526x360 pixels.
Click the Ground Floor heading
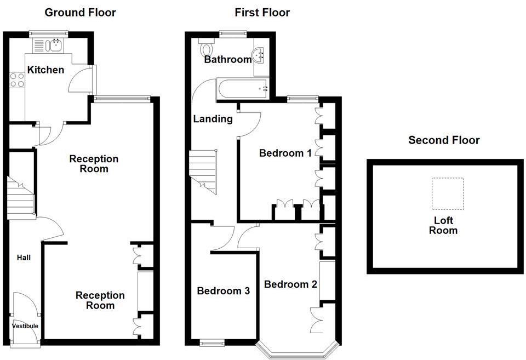[80, 12]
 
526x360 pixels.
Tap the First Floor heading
[262, 12]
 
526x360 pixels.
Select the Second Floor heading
[444, 140]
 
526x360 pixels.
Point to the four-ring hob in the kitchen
[17, 81]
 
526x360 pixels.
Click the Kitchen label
[45, 70]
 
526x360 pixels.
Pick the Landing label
[213, 119]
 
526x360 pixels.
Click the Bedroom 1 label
[285, 153]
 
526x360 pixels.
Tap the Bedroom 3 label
[224, 291]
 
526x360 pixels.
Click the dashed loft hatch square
[447, 193]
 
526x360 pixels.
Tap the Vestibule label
[25, 326]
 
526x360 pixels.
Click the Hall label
[23, 258]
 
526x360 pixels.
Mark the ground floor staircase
[21, 197]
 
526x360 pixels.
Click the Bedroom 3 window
[211, 344]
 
